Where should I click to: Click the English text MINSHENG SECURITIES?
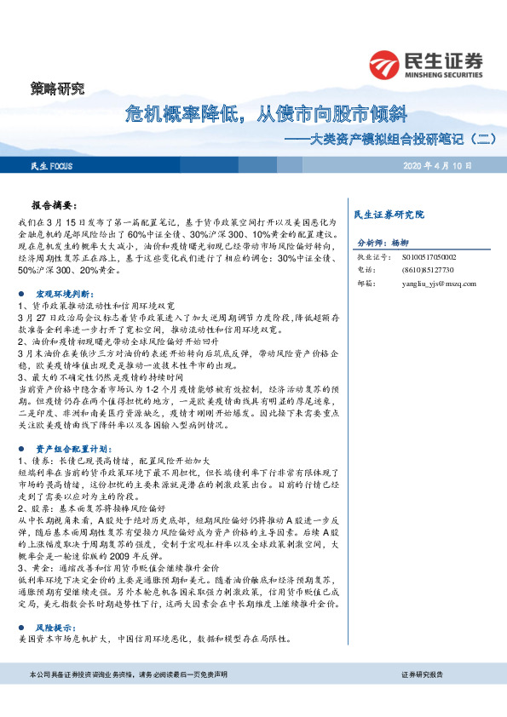pyautogui.click(x=442, y=73)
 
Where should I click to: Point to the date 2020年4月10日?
pyautogui.click(x=437, y=165)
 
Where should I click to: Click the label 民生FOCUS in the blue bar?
pyautogui.click(x=52, y=165)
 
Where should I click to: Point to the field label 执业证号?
pyautogui.click(x=372, y=255)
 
